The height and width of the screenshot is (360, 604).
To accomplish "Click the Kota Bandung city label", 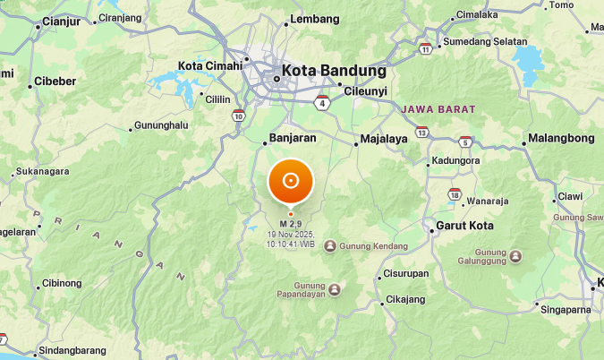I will coord(334,71).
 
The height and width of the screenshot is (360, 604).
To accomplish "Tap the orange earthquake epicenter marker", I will coord(291,180).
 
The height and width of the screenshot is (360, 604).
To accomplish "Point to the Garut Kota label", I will coord(464,226).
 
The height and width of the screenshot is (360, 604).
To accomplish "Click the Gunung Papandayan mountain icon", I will coord(335,289).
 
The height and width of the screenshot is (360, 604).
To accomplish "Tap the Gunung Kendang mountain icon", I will coord(330,245).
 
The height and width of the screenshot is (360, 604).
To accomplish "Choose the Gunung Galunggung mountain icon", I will coord(515,255).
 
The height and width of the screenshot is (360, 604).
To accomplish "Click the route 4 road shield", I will coord(321,103).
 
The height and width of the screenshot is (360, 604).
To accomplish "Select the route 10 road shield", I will coord(238,115).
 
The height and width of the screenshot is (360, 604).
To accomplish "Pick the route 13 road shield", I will coord(421,132).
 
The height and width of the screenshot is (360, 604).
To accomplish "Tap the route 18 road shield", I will coord(455,195).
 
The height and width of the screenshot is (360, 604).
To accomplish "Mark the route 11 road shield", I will coord(426,48).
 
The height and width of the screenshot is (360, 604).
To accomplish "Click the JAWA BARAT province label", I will coord(438,108).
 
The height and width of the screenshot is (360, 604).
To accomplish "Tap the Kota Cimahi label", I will coord(210,65).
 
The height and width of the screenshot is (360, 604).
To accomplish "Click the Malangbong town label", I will coord(561,138).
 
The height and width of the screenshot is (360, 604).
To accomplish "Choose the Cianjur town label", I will coord(61,21).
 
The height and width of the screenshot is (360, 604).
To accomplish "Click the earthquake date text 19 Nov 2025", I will coord(291,234).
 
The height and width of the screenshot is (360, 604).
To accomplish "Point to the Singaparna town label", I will coord(566,310).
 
